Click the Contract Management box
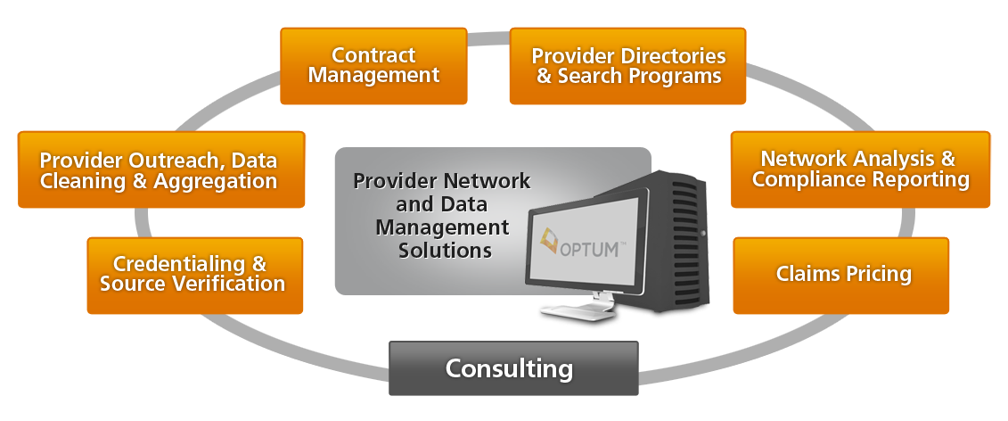pyautogui.click(x=373, y=66)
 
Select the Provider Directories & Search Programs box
pyautogui.click(x=628, y=66)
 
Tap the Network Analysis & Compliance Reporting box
pyautogui.click(x=860, y=169)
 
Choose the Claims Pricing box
pyautogui.click(x=841, y=275)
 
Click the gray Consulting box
pyautogui.click(x=513, y=367)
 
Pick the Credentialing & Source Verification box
pyautogui.click(x=194, y=275)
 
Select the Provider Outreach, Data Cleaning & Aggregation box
pyautogui.click(x=161, y=170)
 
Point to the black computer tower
pyautogui.click(x=677, y=232)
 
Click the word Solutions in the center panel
pyautogui.click(x=445, y=251)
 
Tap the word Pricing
pyautogui.click(x=878, y=275)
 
